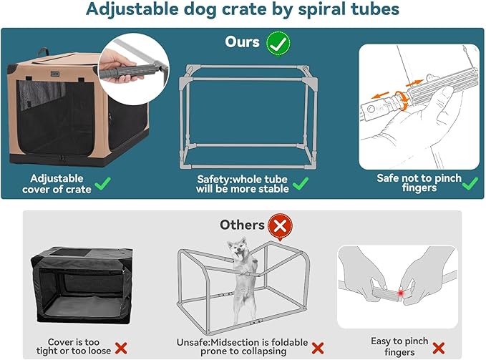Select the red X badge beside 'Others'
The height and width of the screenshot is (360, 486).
coord(281,227)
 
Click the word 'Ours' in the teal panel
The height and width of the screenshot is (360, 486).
coord(242,42)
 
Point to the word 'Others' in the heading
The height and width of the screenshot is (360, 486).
coord(242,225)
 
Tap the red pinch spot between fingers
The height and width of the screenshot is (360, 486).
coord(402,294)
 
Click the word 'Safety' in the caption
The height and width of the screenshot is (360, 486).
coord(213,179)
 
